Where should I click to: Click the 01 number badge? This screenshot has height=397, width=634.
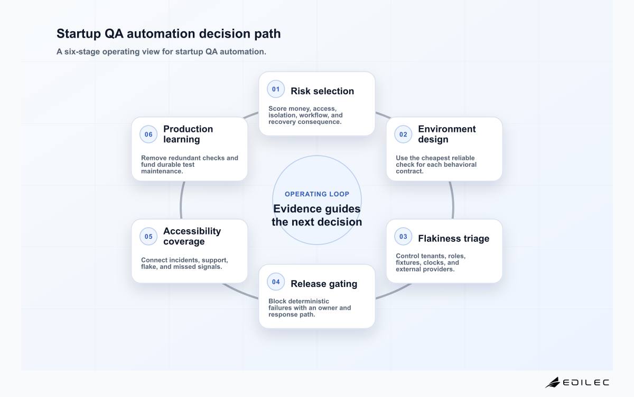pyautogui.click(x=276, y=89)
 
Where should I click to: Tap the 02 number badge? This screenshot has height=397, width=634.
pyautogui.click(x=403, y=134)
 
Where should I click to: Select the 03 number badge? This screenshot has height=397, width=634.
pyautogui.click(x=403, y=237)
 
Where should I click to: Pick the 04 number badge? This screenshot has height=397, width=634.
pyautogui.click(x=276, y=282)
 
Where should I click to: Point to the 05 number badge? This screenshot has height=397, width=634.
pyautogui.click(x=148, y=237)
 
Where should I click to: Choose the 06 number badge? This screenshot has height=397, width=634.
pyautogui.click(x=148, y=134)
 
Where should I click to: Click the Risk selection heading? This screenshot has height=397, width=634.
pyautogui.click(x=322, y=91)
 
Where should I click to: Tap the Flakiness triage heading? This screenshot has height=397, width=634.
pyautogui.click(x=453, y=239)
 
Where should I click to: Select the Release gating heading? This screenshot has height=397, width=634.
pyautogui.click(x=324, y=284)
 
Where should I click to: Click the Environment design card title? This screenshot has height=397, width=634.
pyautogui.click(x=446, y=134)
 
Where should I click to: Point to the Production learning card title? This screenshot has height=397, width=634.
pyautogui.click(x=188, y=134)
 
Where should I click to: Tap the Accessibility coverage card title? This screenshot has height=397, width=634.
pyautogui.click(x=192, y=236)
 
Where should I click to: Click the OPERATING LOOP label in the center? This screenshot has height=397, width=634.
pyautogui.click(x=316, y=194)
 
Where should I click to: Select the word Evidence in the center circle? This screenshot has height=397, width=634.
pyautogui.click(x=299, y=209)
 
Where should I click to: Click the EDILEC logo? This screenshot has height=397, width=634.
pyautogui.click(x=577, y=382)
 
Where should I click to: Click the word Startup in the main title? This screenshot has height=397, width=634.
pyautogui.click(x=79, y=34)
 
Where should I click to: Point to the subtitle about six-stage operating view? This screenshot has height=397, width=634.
pyautogui.click(x=161, y=52)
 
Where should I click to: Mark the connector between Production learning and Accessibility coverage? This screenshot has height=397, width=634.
pyautogui.click(x=181, y=200)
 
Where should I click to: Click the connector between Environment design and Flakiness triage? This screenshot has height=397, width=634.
pyautogui.click(x=453, y=200)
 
